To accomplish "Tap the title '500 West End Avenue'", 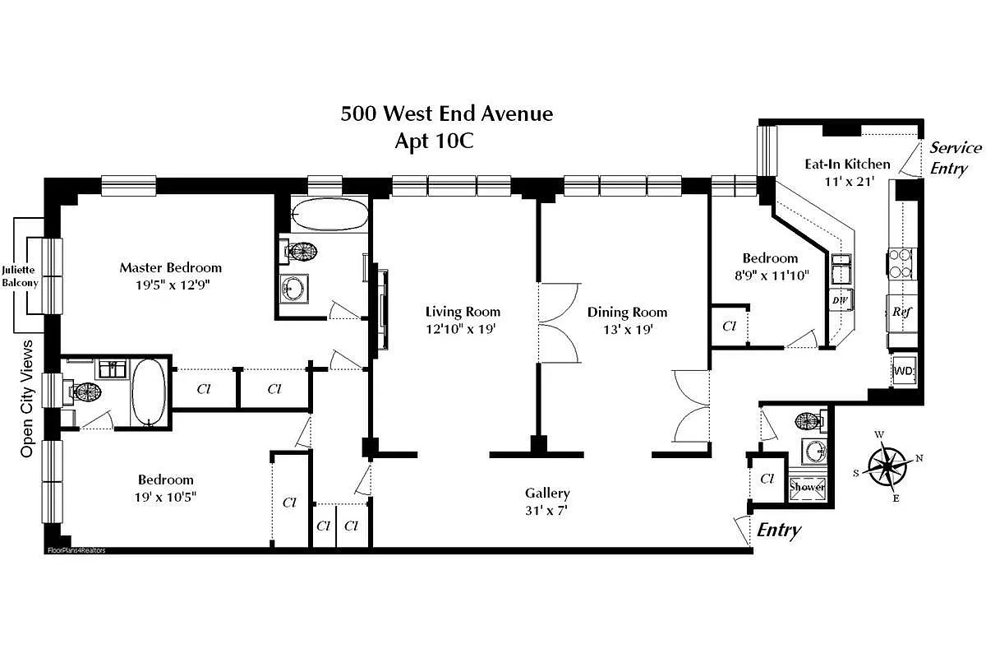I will (447, 114).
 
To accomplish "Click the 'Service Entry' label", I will (956, 158).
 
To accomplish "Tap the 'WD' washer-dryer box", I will (904, 371).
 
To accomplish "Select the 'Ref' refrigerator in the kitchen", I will (901, 313).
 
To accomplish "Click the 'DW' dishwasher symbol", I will (840, 300).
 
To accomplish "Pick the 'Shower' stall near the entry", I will (807, 486).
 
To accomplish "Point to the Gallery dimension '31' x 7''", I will (547, 510).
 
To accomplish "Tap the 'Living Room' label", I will (463, 312).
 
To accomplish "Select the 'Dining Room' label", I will (627, 312).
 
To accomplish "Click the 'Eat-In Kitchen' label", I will (846, 164).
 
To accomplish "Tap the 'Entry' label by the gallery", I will (778, 531).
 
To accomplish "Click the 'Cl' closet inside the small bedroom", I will (729, 326).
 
